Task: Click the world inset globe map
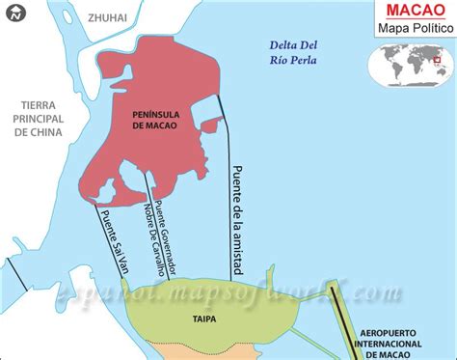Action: click(x=410, y=68)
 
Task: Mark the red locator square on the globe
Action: click(x=437, y=61)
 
